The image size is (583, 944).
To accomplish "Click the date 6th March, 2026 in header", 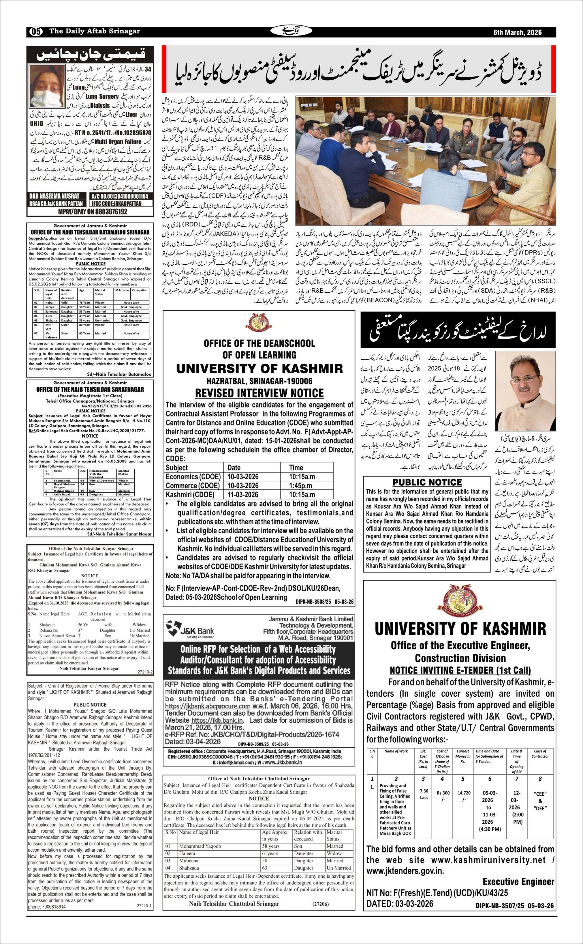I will (x=518, y=32).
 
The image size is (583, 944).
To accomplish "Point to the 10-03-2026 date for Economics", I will (x=243, y=477).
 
